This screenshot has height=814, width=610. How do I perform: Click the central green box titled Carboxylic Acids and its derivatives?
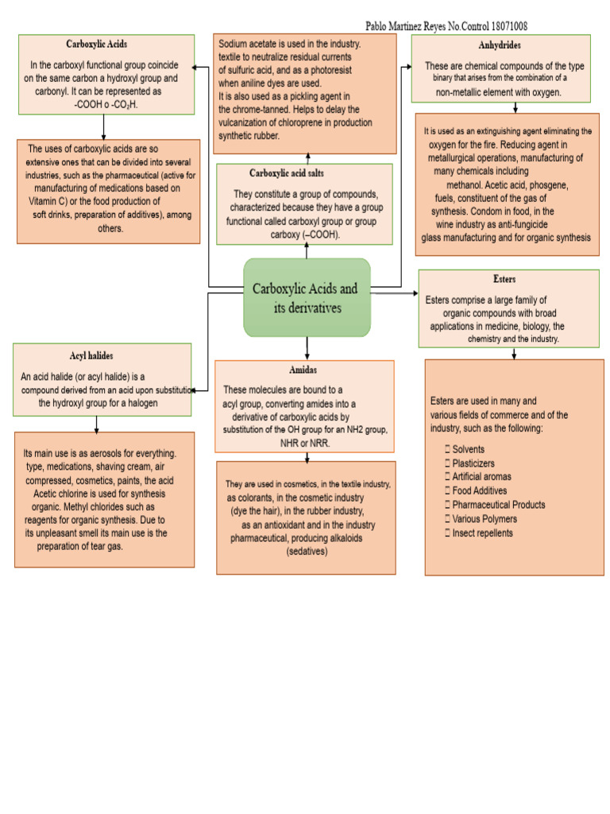tap(307, 297)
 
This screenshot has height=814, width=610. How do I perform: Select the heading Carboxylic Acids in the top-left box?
tap(96, 45)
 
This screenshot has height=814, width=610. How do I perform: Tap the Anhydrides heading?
tap(500, 46)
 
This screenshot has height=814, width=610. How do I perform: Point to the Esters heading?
tap(504, 280)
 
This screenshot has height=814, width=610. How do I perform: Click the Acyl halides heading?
tap(91, 355)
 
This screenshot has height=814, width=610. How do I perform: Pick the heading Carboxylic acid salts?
tap(287, 172)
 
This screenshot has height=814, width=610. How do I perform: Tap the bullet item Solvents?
tap(468, 449)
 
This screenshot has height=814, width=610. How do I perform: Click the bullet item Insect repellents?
tap(482, 533)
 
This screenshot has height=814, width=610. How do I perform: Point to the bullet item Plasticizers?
tap(473, 463)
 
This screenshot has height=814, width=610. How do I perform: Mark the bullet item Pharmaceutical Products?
tap(498, 505)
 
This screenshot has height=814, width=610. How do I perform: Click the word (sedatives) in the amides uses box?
tap(307, 551)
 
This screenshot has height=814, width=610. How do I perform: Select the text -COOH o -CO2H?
tap(106, 104)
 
